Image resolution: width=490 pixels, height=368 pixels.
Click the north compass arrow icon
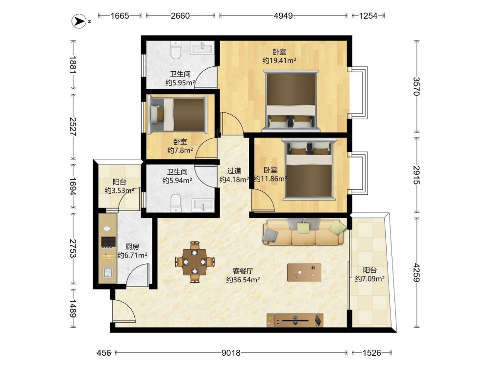tap(79, 21)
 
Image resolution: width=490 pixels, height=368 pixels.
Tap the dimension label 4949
tap(283, 16)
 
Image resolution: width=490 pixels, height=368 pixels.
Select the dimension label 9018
tap(231, 353)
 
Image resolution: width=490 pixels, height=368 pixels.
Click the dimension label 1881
tap(73, 64)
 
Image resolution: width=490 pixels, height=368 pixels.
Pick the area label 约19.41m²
tap(279, 61)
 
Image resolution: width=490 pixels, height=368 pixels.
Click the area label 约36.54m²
tap(243, 280)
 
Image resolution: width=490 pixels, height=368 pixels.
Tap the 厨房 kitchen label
tap(132, 247)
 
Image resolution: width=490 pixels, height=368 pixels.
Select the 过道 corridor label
tap(234, 171)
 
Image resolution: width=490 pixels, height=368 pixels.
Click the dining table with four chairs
tap(195, 262)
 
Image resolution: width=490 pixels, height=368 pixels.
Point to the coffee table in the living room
tap(304, 272)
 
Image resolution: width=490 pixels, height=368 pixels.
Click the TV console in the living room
tap(295, 320)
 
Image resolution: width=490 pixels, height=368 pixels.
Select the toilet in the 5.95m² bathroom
tap(176, 50)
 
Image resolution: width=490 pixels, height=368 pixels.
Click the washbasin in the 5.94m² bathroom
tap(203, 205)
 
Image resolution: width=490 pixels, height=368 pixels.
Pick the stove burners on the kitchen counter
tap(108, 242)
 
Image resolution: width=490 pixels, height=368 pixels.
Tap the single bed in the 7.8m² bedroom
tap(177, 114)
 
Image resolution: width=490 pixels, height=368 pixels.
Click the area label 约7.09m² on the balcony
tap(369, 279)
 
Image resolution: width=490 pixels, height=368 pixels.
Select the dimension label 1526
tap(372, 353)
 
